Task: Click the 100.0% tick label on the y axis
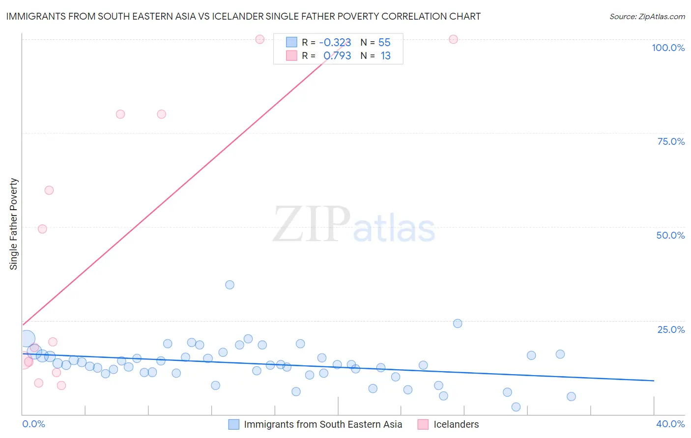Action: click(668, 48)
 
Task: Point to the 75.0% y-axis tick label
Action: click(671, 141)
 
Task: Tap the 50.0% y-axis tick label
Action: click(670, 235)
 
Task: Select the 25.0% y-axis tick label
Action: click(671, 329)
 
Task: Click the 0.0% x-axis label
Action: click(33, 424)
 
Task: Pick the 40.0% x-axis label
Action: click(670, 424)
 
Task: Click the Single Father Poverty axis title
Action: click(14, 223)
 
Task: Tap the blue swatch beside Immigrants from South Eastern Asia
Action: click(234, 424)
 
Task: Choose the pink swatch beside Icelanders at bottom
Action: click(423, 424)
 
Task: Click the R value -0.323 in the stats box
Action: click(335, 42)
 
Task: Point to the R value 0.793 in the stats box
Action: click(337, 55)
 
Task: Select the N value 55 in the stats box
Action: click(384, 42)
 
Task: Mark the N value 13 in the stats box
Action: click(385, 55)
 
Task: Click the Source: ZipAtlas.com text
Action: click(647, 16)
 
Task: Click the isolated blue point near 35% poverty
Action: click(230, 285)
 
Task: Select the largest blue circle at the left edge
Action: click(27, 338)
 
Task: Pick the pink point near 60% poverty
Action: click(49, 190)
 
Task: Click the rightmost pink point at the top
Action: click(453, 39)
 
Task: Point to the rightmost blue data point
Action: click(571, 396)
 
